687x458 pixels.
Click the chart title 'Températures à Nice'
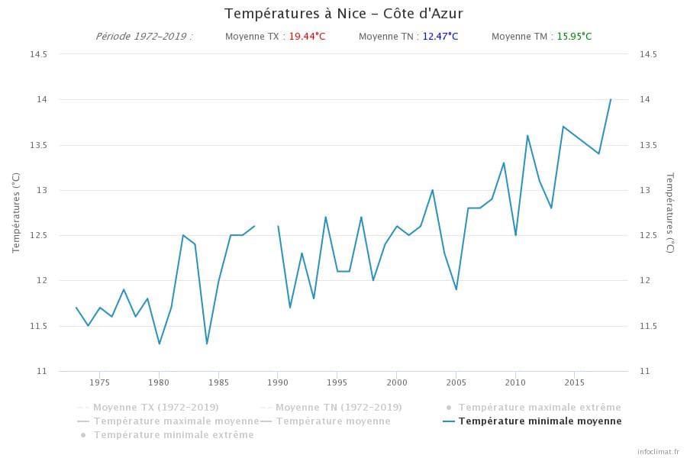(343, 14)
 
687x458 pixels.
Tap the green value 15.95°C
(574, 37)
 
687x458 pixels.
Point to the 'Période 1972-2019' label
(144, 37)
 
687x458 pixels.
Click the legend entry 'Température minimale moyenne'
(540, 421)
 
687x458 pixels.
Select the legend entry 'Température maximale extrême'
(540, 408)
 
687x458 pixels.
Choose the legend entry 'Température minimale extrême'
(173, 435)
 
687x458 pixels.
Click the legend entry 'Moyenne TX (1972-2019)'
(156, 408)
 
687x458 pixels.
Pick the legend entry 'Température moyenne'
(333, 421)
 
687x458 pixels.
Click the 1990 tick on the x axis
(278, 382)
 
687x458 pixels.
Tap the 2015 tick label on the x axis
(575, 382)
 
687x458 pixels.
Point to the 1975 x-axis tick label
(100, 382)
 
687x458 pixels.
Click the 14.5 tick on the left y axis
(38, 54)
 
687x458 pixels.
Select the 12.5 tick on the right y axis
(648, 235)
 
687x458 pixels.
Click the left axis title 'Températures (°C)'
(16, 212)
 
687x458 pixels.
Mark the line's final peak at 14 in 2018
(611, 99)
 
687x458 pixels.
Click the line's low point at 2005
(456, 289)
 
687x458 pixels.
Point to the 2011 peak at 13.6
(527, 136)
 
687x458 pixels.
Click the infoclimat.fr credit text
(658, 451)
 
